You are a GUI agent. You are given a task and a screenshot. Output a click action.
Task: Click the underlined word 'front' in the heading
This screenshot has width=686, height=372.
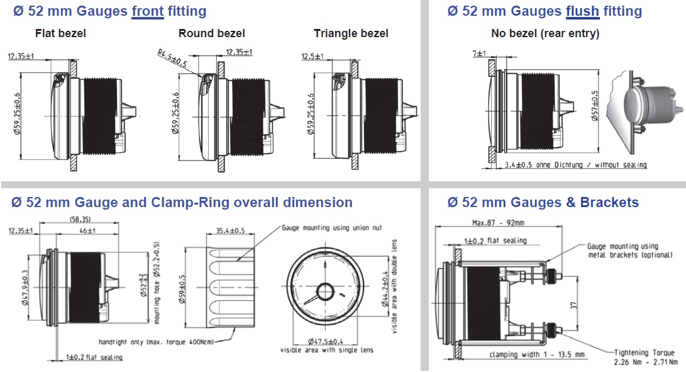[x=148, y=11]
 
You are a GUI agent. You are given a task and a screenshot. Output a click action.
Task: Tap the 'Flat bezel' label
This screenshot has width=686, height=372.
[x=60, y=33]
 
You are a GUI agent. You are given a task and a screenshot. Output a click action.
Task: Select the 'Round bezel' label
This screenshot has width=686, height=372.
[x=212, y=33]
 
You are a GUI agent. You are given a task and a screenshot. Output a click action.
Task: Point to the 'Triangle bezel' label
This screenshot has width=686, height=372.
[x=351, y=33]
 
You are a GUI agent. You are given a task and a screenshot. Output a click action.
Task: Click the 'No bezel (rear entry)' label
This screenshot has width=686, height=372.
[x=545, y=33]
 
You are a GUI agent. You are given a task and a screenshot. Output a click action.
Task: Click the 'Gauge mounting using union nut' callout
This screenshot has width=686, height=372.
[x=332, y=228]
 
